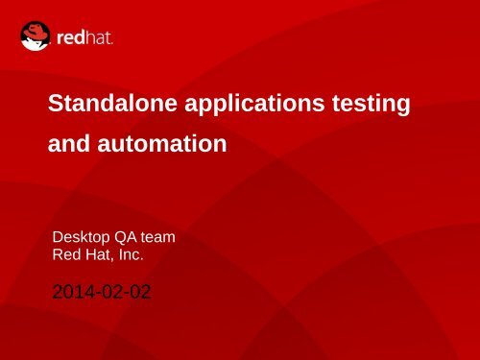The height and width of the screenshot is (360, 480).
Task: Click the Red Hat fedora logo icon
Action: click(36, 36)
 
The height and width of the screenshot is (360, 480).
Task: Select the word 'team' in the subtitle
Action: click(159, 237)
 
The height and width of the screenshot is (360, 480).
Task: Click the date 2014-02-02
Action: click(101, 290)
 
